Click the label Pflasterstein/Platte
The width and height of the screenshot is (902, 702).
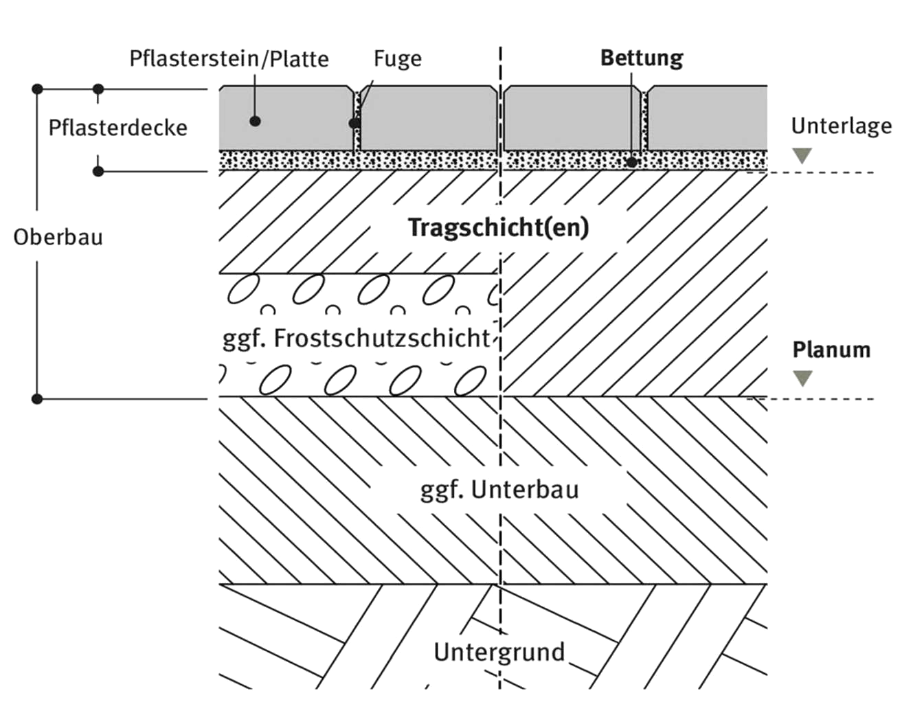229,59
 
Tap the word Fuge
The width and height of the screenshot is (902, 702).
398,59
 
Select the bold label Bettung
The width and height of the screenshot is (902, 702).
642,58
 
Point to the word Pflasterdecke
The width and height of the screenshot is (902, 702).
118,127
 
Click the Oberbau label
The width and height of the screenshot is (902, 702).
58,237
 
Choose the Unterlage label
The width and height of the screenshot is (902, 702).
842,126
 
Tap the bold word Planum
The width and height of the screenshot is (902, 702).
831,350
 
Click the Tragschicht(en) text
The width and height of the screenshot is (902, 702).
499,228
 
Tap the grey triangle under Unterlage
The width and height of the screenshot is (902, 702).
802,156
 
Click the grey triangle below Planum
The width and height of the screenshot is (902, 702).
802,378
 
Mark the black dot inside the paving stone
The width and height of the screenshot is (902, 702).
255,121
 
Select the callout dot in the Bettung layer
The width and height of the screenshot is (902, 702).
631,162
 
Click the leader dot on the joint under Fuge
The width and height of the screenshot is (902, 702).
354,123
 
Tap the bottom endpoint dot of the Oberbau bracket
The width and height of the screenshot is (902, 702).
37,399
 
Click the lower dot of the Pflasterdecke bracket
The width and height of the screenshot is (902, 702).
98,171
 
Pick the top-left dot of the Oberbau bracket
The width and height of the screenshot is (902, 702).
37,89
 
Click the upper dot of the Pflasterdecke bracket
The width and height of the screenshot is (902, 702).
98,89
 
